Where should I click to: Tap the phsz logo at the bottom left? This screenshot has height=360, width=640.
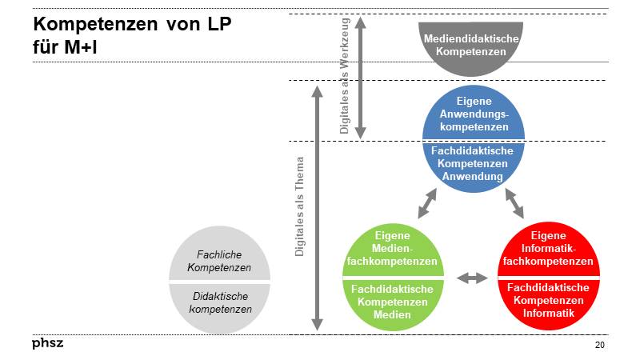tap(48, 343)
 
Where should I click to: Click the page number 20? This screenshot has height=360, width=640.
tap(599, 345)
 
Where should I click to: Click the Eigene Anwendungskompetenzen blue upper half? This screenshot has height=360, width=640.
tap(474, 114)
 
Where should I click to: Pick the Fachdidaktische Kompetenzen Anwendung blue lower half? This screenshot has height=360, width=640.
tap(474, 164)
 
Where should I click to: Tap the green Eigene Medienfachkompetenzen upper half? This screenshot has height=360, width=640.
tap(392, 250)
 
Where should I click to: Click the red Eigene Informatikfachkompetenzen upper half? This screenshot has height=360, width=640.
tap(548, 250)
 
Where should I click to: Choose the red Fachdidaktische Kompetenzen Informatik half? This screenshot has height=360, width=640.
tap(548, 301)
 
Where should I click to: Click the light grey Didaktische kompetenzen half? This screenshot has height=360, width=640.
tap(219, 303)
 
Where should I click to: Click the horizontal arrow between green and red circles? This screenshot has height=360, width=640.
tap(471, 278)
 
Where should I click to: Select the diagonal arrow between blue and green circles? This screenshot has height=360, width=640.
tap(427, 203)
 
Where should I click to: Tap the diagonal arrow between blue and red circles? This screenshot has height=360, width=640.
tap(514, 203)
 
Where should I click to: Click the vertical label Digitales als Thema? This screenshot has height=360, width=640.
tap(300, 206)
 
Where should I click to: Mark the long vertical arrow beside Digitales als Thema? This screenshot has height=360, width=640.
tap(317, 208)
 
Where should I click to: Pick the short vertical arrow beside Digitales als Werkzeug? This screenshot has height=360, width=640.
tap(360, 78)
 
